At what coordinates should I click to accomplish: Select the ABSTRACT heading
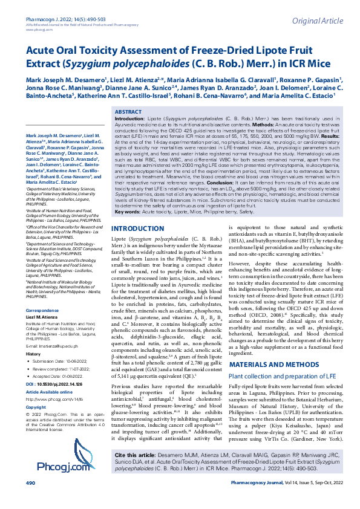click(x=128, y=112)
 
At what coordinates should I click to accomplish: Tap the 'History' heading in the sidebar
click(x=33, y=319)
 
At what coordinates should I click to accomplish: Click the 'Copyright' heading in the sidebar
click(x=36, y=374)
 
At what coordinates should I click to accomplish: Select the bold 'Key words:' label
click(x=128, y=212)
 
